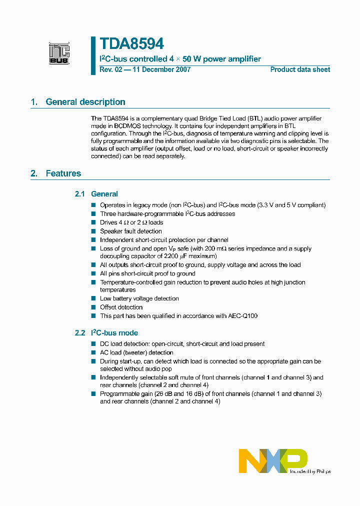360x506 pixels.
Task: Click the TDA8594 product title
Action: [x=131, y=44]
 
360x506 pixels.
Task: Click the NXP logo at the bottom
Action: [x=273, y=460]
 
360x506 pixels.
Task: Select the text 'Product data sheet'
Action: [x=300, y=69]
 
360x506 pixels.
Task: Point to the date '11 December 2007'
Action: [x=160, y=69]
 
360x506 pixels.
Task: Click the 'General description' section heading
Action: [x=85, y=102]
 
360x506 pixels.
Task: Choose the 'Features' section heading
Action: [x=63, y=173]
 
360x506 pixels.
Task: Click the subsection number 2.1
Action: [x=80, y=194]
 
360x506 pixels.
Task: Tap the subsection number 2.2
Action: [x=80, y=333]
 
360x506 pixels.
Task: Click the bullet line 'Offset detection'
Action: [x=121, y=307]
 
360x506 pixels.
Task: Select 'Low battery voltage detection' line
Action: [x=139, y=298]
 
